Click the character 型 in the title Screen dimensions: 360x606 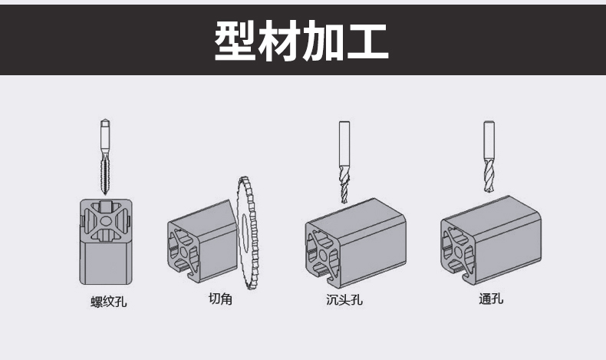238,40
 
